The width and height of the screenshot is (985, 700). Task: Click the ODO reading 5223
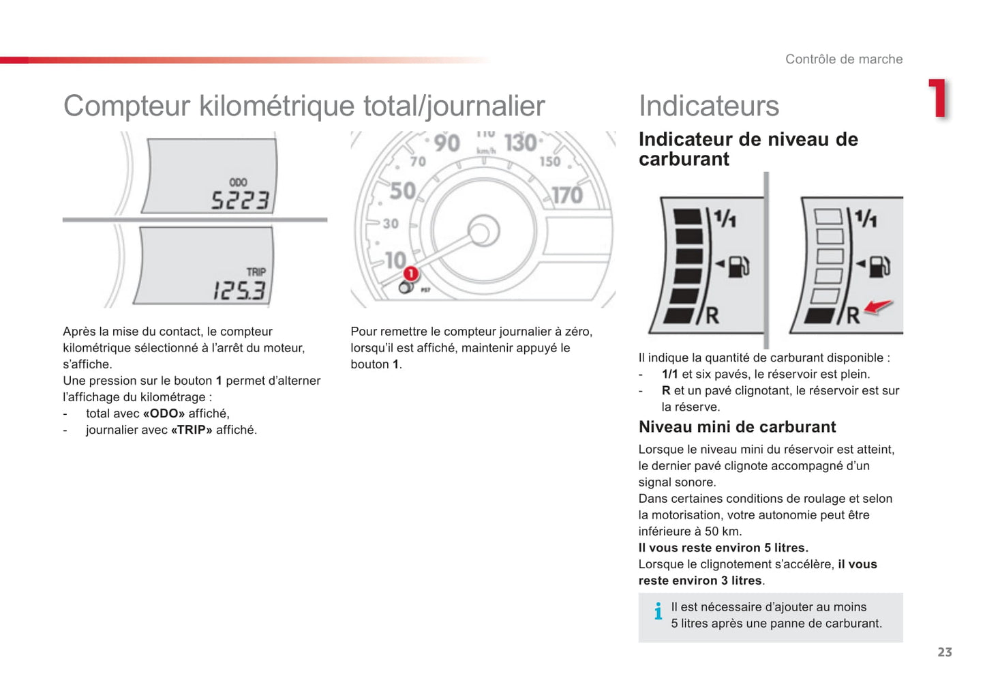(x=240, y=200)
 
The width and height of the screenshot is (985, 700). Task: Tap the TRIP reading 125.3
(x=239, y=291)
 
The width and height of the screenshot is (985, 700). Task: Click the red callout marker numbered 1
(x=410, y=274)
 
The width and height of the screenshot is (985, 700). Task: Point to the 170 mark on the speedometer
(x=566, y=195)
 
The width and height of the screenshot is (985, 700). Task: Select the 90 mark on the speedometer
(x=446, y=143)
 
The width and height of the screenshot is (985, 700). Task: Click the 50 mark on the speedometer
(x=402, y=190)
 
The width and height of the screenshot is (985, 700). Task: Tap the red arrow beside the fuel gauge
(x=878, y=307)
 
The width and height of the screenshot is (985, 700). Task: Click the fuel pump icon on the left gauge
(x=738, y=265)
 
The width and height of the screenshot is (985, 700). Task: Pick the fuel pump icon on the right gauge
(x=879, y=265)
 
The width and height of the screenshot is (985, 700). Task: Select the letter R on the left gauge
(x=712, y=315)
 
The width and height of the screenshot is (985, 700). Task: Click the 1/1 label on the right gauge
(x=866, y=218)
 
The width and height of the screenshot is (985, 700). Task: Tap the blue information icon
(x=658, y=611)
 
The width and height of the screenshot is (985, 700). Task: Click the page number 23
(x=944, y=652)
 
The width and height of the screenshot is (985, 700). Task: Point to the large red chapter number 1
(x=938, y=99)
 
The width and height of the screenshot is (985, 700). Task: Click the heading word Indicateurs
(x=708, y=106)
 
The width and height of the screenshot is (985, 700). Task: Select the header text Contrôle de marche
(x=843, y=59)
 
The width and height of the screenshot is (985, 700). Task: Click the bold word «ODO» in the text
(x=164, y=413)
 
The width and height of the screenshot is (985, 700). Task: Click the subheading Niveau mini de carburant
(x=737, y=427)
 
